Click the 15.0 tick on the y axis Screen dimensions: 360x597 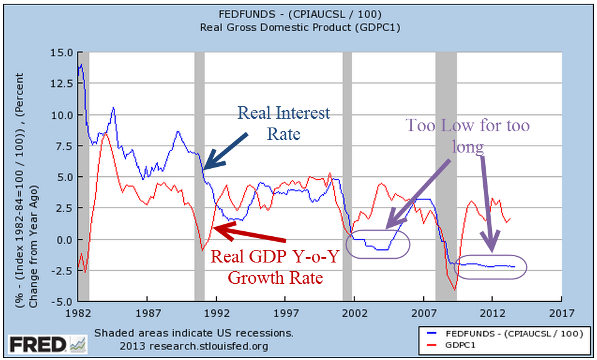[63, 52]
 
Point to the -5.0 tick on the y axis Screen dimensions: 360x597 [63, 301]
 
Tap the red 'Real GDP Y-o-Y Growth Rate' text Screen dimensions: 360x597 [274, 267]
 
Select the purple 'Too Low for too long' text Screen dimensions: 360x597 [468, 136]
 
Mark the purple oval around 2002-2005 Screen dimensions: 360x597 [378, 244]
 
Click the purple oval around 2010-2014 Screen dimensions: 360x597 [491, 266]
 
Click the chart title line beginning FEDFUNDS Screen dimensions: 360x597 [300, 15]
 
